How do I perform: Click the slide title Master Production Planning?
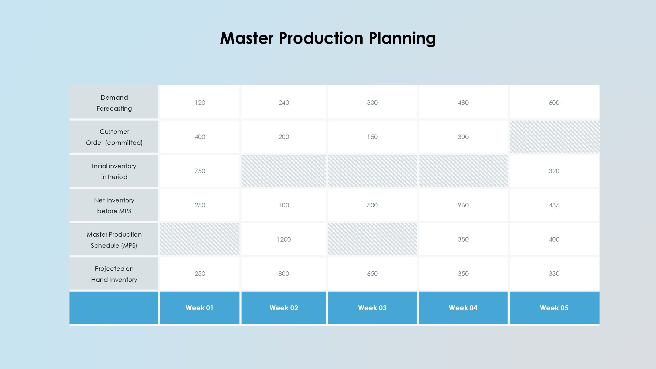[328, 38]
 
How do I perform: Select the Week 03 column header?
[372, 308]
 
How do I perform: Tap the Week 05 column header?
[554, 308]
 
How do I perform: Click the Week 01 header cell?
[200, 308]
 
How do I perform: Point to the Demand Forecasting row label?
[114, 103]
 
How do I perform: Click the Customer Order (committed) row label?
[114, 137]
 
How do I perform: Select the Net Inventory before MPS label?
[114, 205]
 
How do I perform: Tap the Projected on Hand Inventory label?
[114, 274]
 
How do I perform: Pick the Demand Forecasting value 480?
[463, 103]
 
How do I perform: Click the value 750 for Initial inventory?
[200, 171]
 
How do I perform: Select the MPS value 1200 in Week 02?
[284, 239]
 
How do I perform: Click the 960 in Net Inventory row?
[463, 205]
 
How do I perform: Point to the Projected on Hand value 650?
[372, 274]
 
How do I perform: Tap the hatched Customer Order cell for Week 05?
[554, 137]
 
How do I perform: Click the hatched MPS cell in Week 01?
[200, 239]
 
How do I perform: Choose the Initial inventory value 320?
[554, 171]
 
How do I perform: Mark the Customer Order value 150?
[372, 137]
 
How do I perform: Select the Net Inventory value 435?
[554, 205]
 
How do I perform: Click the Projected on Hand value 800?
[284, 274]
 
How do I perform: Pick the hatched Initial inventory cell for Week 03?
[372, 171]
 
